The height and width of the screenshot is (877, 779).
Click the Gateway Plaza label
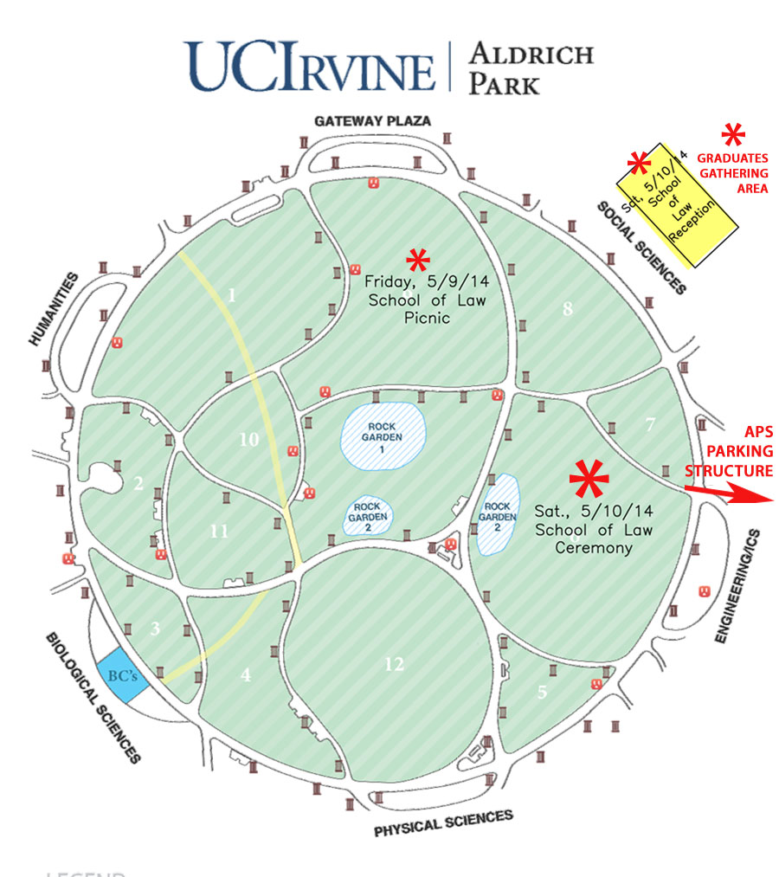point(372,121)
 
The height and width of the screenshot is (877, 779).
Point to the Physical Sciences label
point(443,823)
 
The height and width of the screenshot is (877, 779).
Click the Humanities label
point(54,310)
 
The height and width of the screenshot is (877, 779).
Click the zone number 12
point(394,664)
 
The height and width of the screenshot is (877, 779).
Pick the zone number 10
point(249,440)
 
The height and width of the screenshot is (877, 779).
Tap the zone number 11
point(219,532)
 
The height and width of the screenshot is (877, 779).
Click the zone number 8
point(568,309)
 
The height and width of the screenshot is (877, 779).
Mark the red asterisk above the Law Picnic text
point(418,259)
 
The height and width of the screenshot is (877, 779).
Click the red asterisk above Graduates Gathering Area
point(733,135)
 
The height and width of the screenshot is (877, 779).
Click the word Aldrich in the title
point(531,54)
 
